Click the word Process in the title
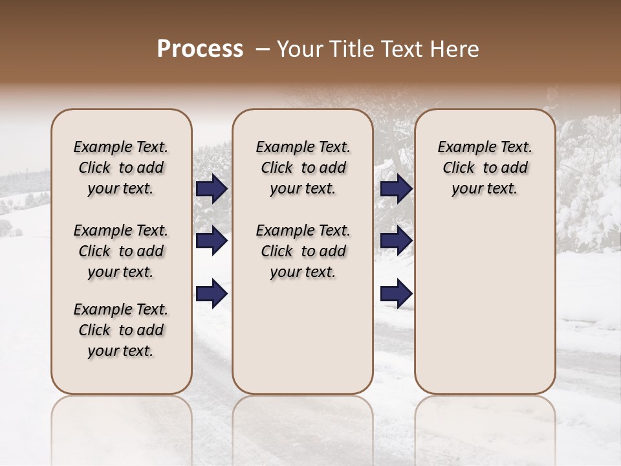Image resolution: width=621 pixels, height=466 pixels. [x=200, y=49]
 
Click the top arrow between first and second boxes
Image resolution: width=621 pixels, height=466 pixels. [x=212, y=189]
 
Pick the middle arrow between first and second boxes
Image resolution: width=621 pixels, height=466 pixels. [x=212, y=241]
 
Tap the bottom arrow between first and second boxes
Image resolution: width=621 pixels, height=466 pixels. [x=212, y=293]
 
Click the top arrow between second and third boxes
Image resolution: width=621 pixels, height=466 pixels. [x=397, y=189]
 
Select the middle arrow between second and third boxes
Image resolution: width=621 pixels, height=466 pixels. [x=397, y=241]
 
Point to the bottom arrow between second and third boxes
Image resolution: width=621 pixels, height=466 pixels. [x=397, y=293]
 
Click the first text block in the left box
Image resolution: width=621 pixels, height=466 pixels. [x=121, y=168]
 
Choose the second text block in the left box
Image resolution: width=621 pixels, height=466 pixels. [x=121, y=251]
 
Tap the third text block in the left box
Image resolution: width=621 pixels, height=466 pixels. [x=121, y=330]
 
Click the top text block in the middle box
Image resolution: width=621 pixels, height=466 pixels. [x=303, y=168]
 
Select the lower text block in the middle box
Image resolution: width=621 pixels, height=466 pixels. [x=303, y=251]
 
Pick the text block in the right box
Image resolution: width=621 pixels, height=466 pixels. [x=485, y=168]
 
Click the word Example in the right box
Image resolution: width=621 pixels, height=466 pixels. [x=462, y=147]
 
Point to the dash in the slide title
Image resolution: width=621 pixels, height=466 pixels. [x=263, y=49]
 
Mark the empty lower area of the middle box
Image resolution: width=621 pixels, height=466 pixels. [x=303, y=337]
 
